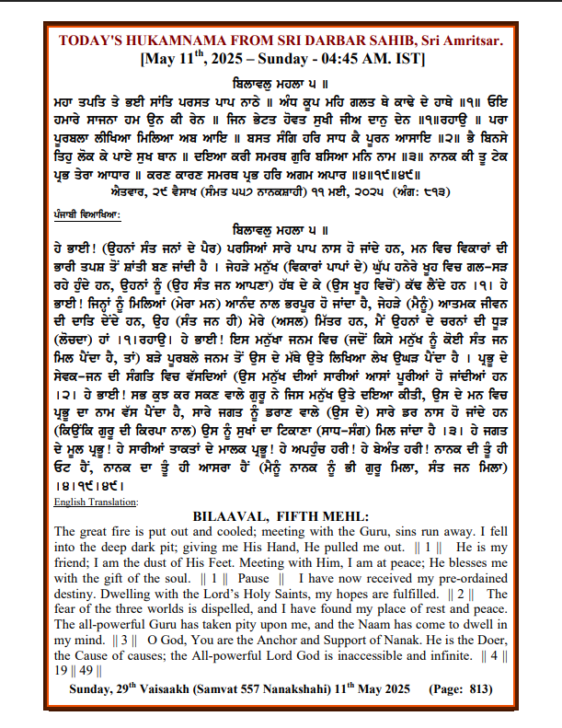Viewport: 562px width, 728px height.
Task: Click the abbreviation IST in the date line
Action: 406,58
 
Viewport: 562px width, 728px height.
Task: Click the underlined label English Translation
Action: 96,502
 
